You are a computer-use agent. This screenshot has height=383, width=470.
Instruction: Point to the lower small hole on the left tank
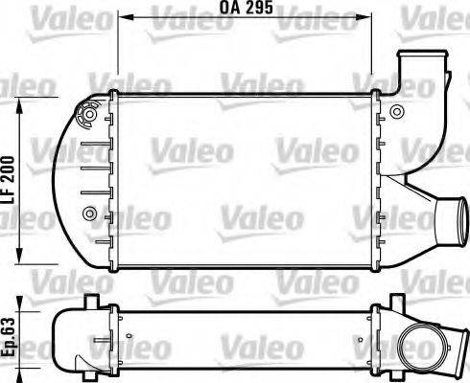[90, 212]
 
